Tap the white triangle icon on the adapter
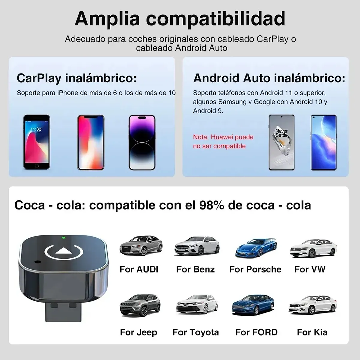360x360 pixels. click(64, 251)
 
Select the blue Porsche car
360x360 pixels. click(256, 248)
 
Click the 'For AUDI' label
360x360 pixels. click(139, 269)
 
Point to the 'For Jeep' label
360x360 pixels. click(138, 332)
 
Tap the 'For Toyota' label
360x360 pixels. click(196, 332)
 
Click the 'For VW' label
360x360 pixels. click(310, 269)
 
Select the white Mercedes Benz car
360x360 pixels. click(197, 246)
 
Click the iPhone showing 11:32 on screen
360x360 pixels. click(36, 142)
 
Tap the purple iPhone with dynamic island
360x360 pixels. click(142, 142)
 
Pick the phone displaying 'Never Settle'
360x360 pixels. click(282, 142)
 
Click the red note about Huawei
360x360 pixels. click(223, 142)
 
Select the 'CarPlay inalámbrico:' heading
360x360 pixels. click(76, 78)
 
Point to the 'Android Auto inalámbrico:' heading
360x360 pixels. click(269, 78)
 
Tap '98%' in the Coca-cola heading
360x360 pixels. click(212, 205)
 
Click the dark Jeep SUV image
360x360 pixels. click(140, 305)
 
